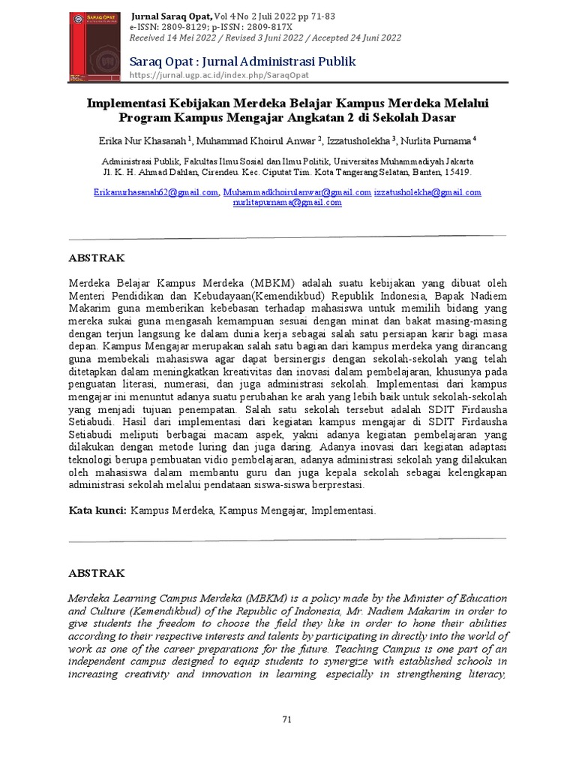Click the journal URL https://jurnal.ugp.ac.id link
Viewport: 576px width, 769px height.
tap(220, 75)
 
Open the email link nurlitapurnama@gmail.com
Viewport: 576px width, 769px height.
tap(287, 202)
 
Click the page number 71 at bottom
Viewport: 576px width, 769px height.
tap(286, 719)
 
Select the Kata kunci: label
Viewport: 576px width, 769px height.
tap(97, 510)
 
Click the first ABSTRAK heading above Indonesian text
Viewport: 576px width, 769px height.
tap(97, 258)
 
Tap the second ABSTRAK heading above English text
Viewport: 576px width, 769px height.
tap(97, 573)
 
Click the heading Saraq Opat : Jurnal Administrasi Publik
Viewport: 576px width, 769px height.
tap(243, 62)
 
